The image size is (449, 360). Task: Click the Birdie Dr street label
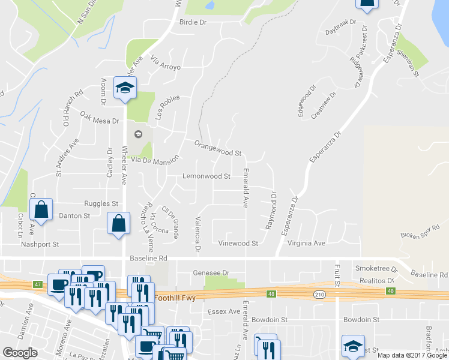[x=193, y=22]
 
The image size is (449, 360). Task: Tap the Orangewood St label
[x=217, y=148]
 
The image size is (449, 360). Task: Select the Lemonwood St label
[x=206, y=176]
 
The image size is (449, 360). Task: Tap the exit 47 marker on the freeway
[x=38, y=283]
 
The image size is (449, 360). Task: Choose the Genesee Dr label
[x=211, y=272]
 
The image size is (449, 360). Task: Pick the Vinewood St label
[x=238, y=244]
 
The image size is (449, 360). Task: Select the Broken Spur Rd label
[x=420, y=231]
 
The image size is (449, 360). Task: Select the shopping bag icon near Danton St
[x=41, y=211]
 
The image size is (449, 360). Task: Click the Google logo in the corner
[x=20, y=352]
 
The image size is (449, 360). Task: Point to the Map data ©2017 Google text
[x=412, y=355]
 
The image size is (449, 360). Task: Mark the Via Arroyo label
[x=166, y=63]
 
